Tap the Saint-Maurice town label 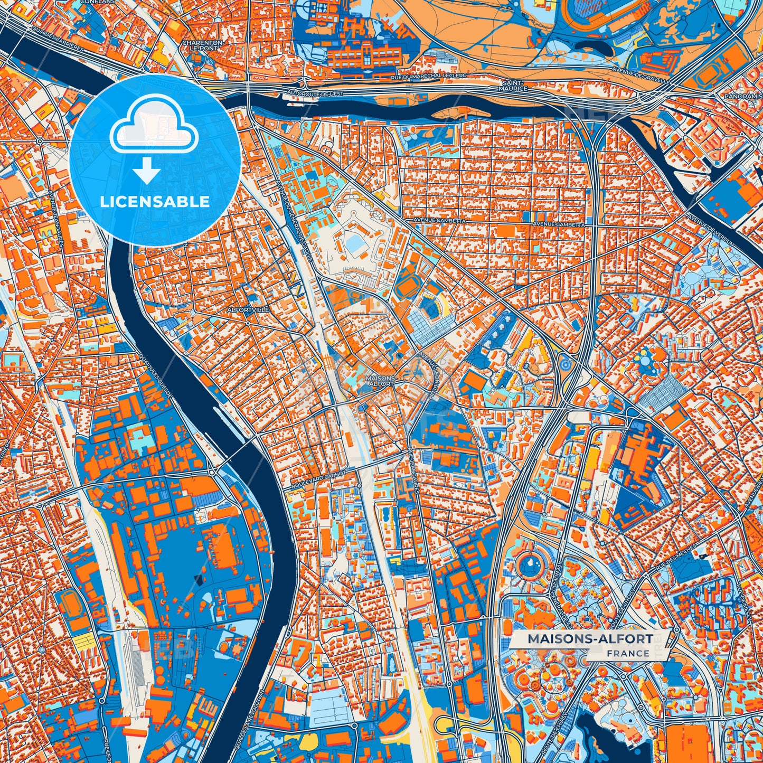tap(514, 86)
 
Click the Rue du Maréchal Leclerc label tap(429, 77)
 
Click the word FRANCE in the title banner tap(628, 653)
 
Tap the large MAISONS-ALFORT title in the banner tap(590, 639)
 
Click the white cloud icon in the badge tap(154, 126)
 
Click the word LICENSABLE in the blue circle tap(155, 202)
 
